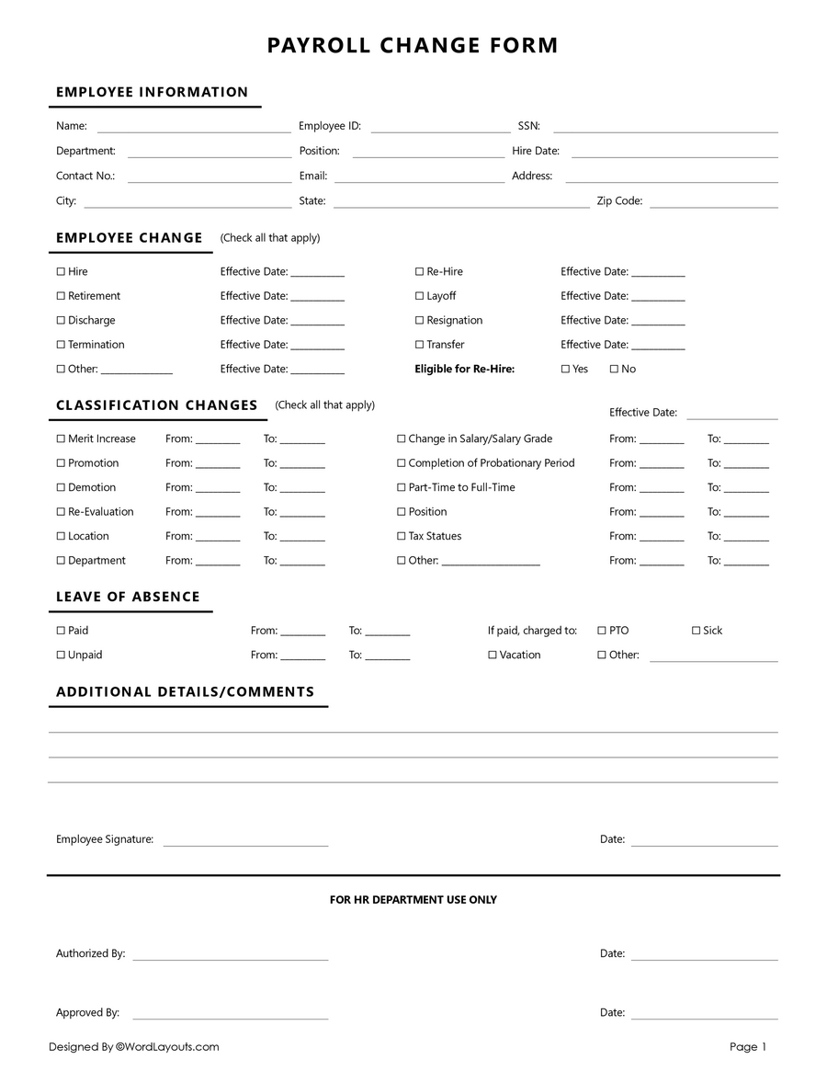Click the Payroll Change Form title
click(x=413, y=45)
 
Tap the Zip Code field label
click(x=619, y=201)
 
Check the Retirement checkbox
click(x=61, y=296)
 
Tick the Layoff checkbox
click(x=419, y=296)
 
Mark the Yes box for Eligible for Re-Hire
click(x=565, y=370)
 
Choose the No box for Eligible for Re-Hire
click(x=614, y=370)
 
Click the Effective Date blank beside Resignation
click(x=658, y=322)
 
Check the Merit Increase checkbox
click(x=61, y=439)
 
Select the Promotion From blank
click(x=218, y=465)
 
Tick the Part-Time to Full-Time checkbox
click(x=401, y=488)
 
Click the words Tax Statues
click(x=435, y=537)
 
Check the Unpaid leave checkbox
click(x=61, y=655)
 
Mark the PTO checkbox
click(x=602, y=631)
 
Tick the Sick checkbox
click(x=696, y=631)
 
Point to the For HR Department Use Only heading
click(x=413, y=900)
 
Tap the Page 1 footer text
click(x=747, y=1047)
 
